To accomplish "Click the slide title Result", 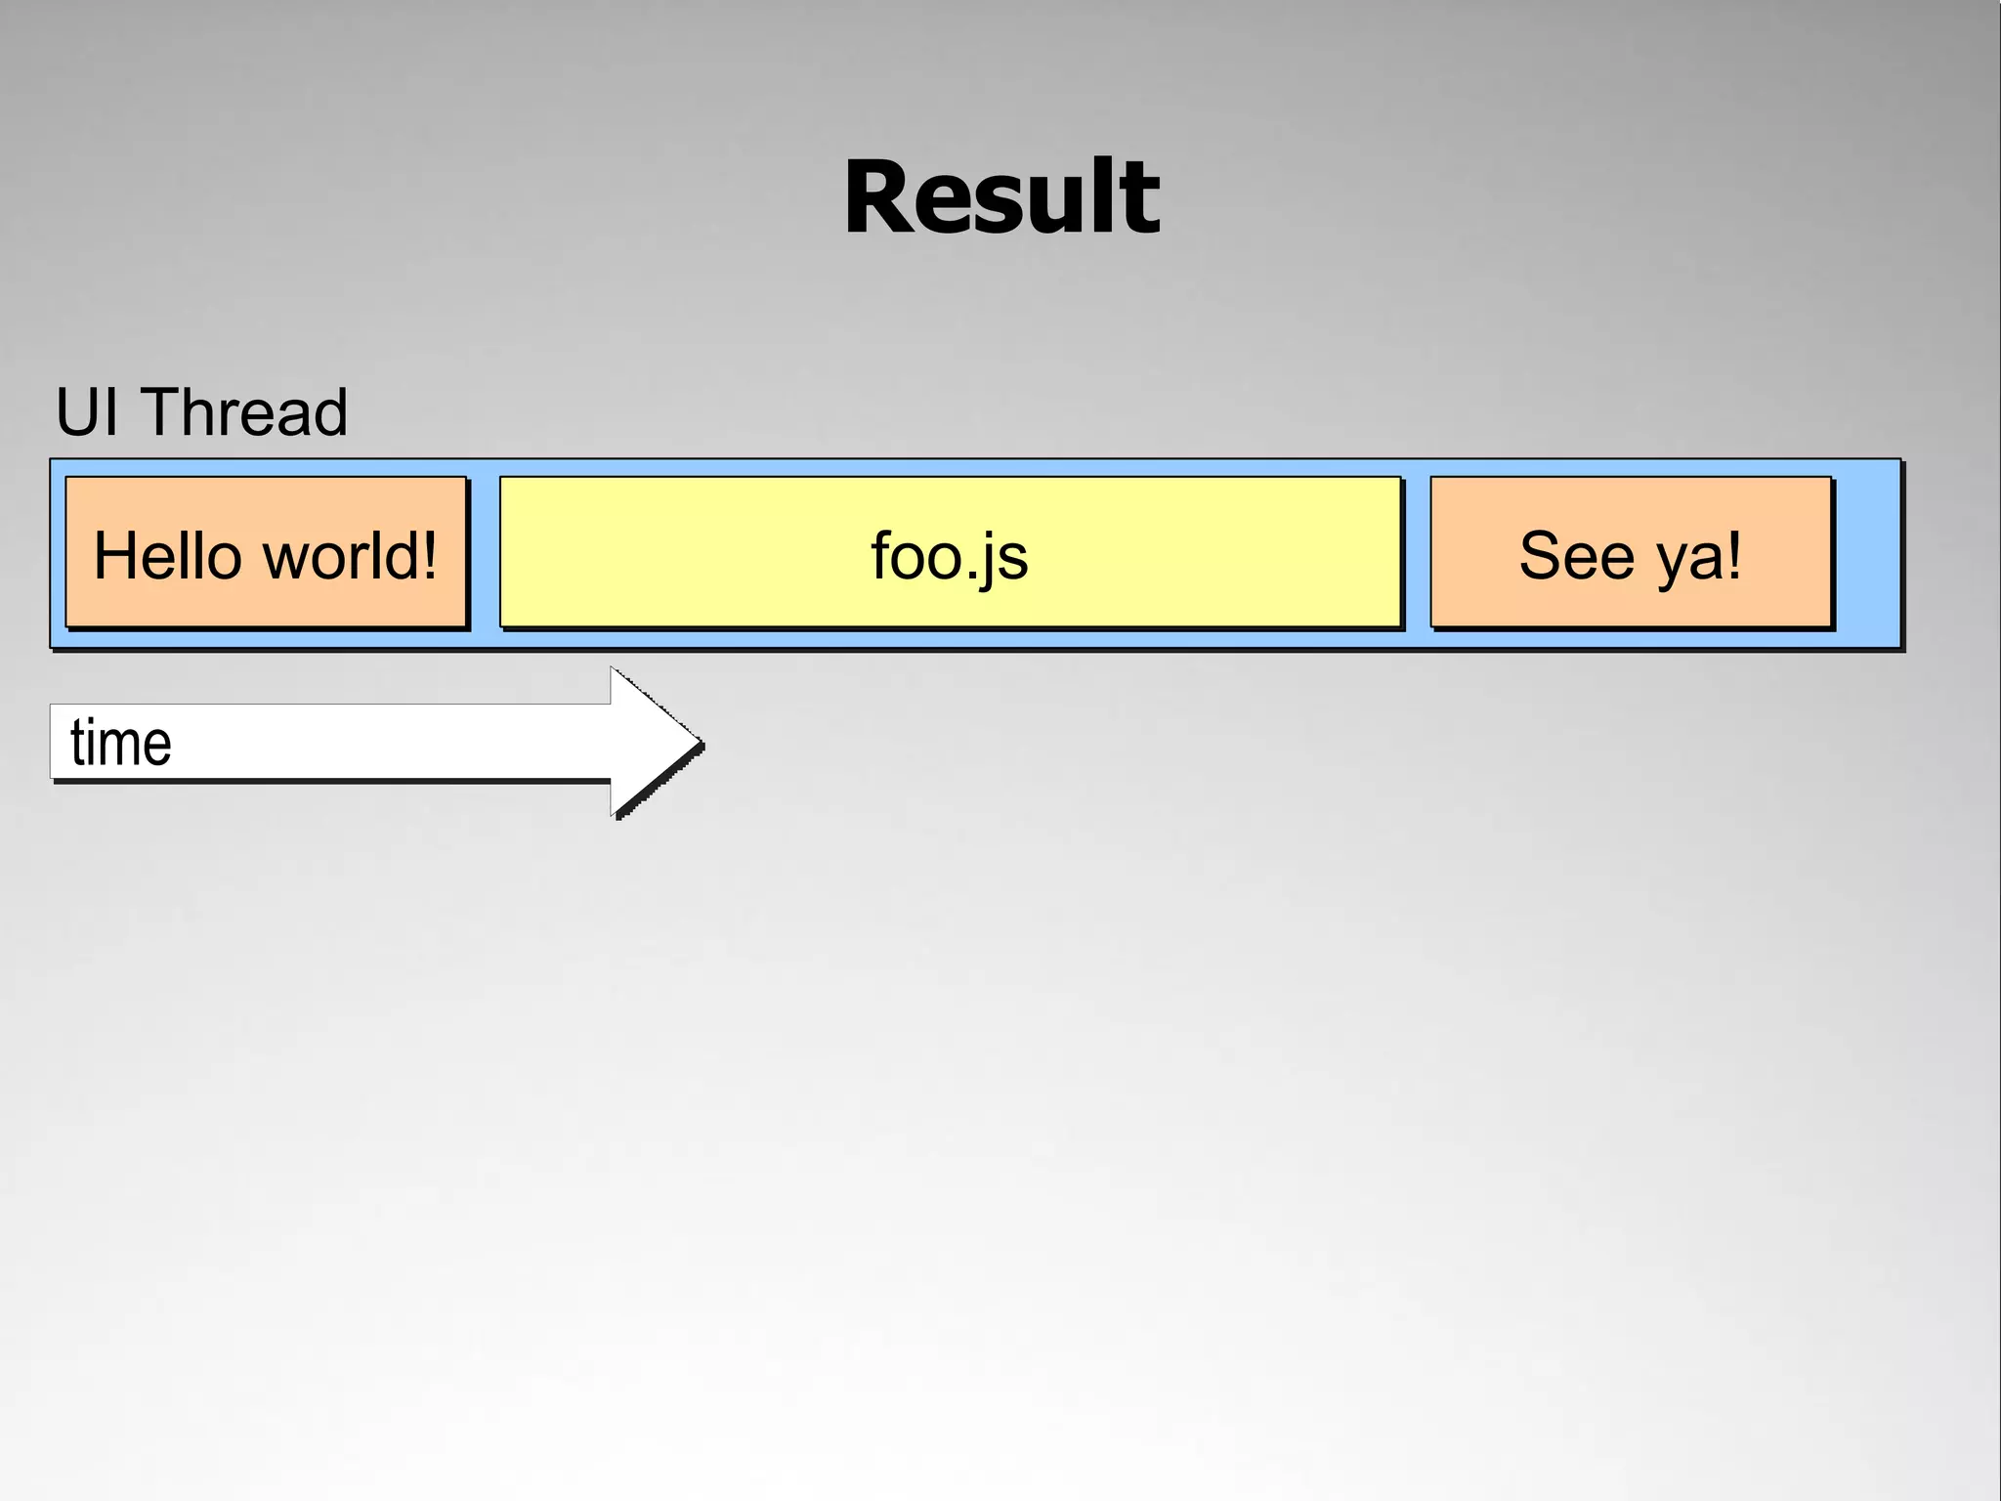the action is pyautogui.click(x=1001, y=198).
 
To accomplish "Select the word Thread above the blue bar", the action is pyautogui.click(x=244, y=412).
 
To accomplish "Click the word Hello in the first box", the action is pyautogui.click(x=166, y=556).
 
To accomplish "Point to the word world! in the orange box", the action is pyautogui.click(x=351, y=556).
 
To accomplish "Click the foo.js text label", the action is pyautogui.click(x=949, y=557).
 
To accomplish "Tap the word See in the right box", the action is pyautogui.click(x=1577, y=556).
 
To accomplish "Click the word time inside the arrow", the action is pyautogui.click(x=121, y=743).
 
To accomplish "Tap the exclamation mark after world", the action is pyautogui.click(x=426, y=556).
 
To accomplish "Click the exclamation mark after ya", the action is pyautogui.click(x=1733, y=556).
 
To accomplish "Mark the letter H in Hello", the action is pyautogui.click(x=113, y=556).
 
